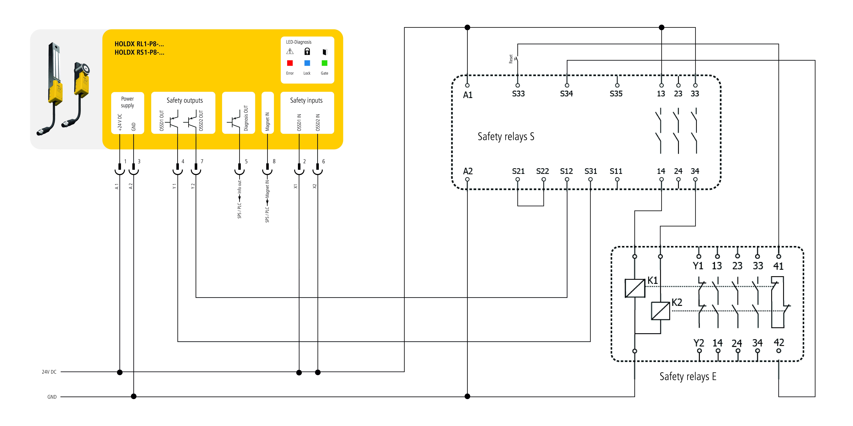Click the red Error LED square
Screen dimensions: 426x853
click(290, 63)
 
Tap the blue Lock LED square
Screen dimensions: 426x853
click(307, 63)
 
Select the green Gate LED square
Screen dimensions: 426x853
click(325, 63)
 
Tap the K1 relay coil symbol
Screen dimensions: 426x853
click(635, 288)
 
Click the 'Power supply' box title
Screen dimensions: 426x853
click(128, 102)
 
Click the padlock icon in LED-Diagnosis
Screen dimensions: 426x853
click(307, 51)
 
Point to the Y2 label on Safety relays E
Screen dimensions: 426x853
click(699, 343)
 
